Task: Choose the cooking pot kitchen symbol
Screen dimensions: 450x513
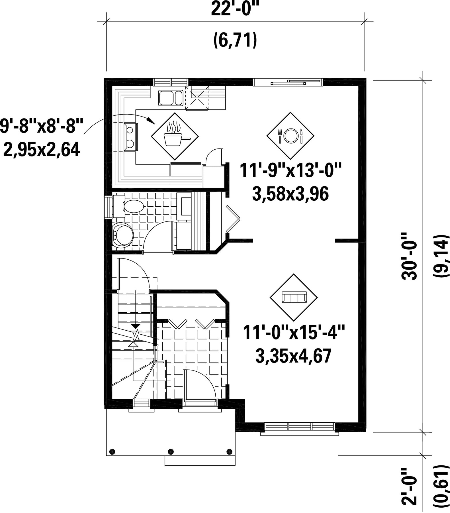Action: click(175, 136)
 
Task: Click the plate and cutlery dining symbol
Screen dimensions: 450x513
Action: click(290, 136)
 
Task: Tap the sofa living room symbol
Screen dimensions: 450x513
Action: click(294, 298)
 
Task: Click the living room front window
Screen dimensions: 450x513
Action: click(299, 427)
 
